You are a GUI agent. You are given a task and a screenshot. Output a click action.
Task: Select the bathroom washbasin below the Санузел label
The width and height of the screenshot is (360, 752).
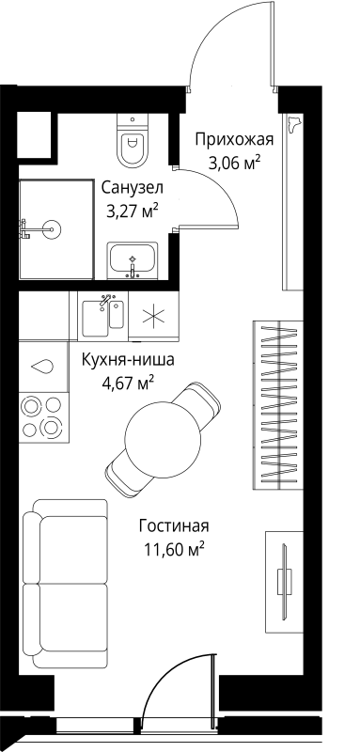point(133,259)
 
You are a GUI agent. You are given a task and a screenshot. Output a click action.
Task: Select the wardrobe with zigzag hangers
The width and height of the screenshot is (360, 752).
point(282,403)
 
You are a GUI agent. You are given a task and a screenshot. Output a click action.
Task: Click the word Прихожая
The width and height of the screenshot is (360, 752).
point(234,140)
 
